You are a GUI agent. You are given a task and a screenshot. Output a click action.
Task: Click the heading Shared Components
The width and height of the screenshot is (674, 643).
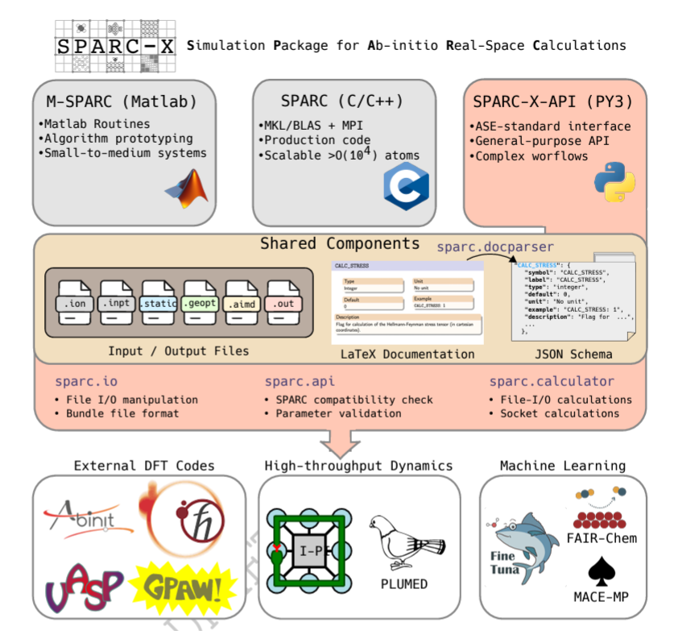pyautogui.click(x=341, y=244)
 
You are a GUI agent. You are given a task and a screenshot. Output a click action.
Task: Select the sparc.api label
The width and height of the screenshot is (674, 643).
pyautogui.click(x=300, y=381)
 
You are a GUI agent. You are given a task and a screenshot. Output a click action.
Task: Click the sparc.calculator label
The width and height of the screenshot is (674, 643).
pyautogui.click(x=552, y=381)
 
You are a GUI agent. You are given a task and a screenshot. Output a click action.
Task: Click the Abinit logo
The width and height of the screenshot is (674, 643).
pyautogui.click(x=89, y=516)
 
